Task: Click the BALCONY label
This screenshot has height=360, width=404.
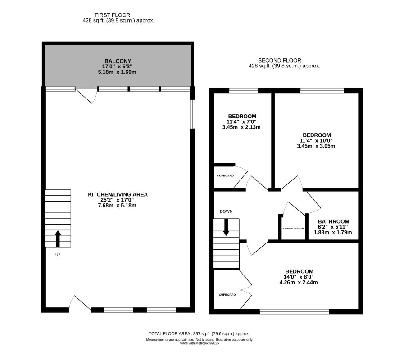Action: [x=118, y=61]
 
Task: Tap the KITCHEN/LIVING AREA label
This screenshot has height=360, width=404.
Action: [x=118, y=194]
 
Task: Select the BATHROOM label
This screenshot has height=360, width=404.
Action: [x=333, y=221]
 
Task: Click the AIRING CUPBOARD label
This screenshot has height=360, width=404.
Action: [x=293, y=229]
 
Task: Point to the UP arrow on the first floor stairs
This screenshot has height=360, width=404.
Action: [x=58, y=238]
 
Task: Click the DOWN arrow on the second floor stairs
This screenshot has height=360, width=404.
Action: [x=226, y=226]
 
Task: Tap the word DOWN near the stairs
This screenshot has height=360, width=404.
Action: [x=226, y=211]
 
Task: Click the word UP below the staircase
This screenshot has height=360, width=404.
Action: [x=58, y=255]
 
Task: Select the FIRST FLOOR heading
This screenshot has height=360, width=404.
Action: [x=118, y=15]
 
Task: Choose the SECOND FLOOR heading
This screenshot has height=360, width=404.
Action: [x=279, y=60]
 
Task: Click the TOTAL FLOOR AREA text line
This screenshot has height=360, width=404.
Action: [x=199, y=333]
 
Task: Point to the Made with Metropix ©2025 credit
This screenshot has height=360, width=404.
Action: [x=199, y=343]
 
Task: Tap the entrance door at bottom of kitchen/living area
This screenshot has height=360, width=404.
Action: [x=79, y=304]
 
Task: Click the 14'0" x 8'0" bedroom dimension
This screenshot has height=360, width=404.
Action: [x=299, y=277]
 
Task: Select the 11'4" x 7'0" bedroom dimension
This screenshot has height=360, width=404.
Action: [x=241, y=121]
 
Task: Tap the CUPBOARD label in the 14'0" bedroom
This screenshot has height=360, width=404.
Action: [x=227, y=295]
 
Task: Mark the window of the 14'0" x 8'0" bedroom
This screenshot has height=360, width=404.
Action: [x=294, y=311]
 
